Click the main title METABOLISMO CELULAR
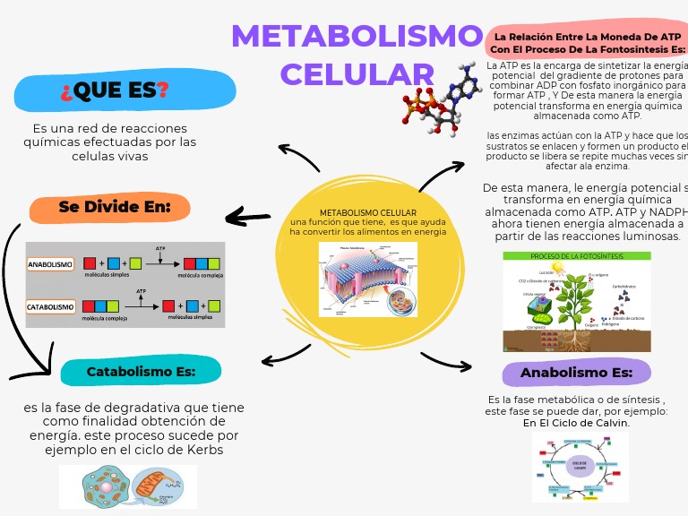(357, 54)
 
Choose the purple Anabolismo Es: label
(577, 373)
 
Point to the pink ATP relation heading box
(588, 42)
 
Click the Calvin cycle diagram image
(580, 466)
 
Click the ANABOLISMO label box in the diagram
(50, 264)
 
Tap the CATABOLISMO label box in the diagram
(50, 307)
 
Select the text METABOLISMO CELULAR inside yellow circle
(367, 212)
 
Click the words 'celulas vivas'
(109, 156)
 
